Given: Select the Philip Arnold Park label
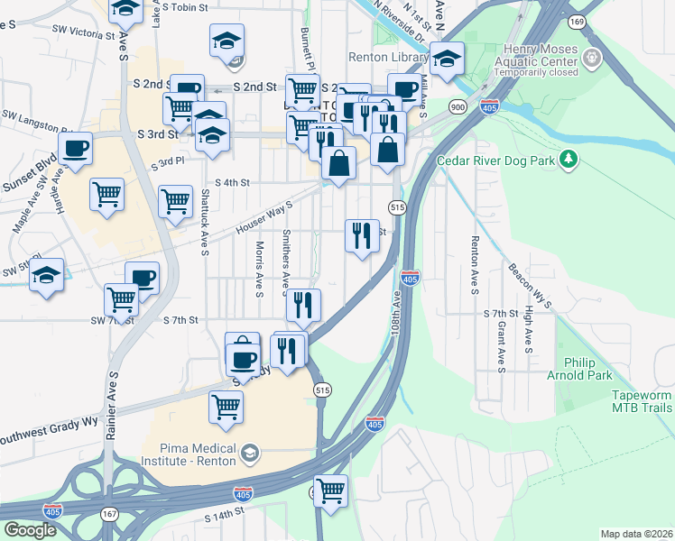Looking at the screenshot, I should point(587,369).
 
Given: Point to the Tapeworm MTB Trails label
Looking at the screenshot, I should point(642,402).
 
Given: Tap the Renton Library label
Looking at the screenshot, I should point(389,58).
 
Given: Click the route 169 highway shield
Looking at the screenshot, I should point(577,21).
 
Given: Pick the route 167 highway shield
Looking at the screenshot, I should point(109,513).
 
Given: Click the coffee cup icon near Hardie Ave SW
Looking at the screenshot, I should point(75,147).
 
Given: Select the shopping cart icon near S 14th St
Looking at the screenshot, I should point(331,491).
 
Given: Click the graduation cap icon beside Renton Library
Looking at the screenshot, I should point(447,58).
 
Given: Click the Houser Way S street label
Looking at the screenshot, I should point(264,217).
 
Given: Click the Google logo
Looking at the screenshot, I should point(30,529).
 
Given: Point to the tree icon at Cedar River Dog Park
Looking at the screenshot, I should point(568,160).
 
